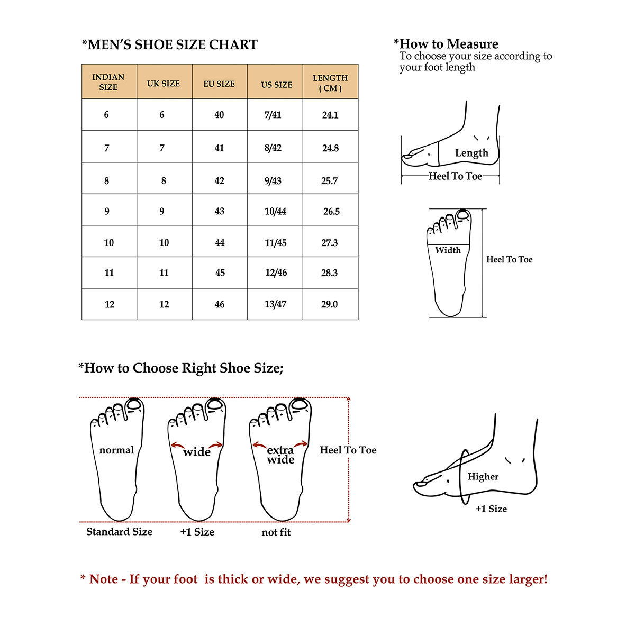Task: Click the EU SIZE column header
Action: (219, 84)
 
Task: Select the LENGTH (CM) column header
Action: (330, 83)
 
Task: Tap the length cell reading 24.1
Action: (330, 115)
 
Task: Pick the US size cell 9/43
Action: (273, 180)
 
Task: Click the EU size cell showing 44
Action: (220, 243)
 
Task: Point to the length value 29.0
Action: (329, 304)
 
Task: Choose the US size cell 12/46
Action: (276, 273)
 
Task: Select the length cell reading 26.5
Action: (331, 211)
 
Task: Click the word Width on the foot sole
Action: (448, 250)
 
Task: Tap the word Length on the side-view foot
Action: (471, 153)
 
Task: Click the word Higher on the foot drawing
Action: (483, 476)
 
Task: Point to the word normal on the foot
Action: (116, 450)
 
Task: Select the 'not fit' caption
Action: (276, 532)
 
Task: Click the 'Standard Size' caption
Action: (119, 531)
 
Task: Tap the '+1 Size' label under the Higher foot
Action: (491, 509)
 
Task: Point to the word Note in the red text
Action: (104, 579)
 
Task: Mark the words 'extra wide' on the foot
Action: (280, 455)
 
